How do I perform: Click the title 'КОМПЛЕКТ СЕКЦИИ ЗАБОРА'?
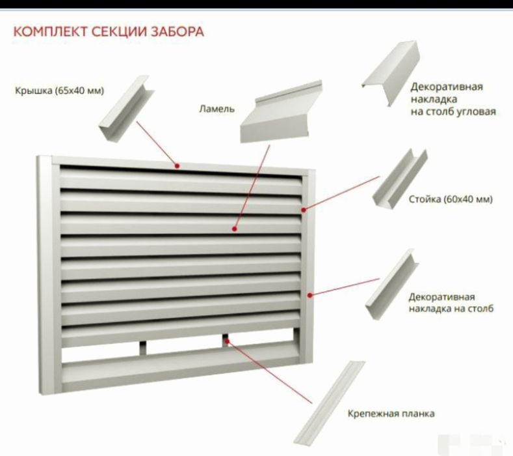click(108, 33)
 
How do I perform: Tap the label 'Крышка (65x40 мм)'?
click(60, 90)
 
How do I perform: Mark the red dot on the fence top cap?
click(177, 165)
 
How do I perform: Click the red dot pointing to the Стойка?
click(304, 209)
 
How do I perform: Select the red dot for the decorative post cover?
click(310, 295)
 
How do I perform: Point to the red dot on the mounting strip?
click(225, 339)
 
